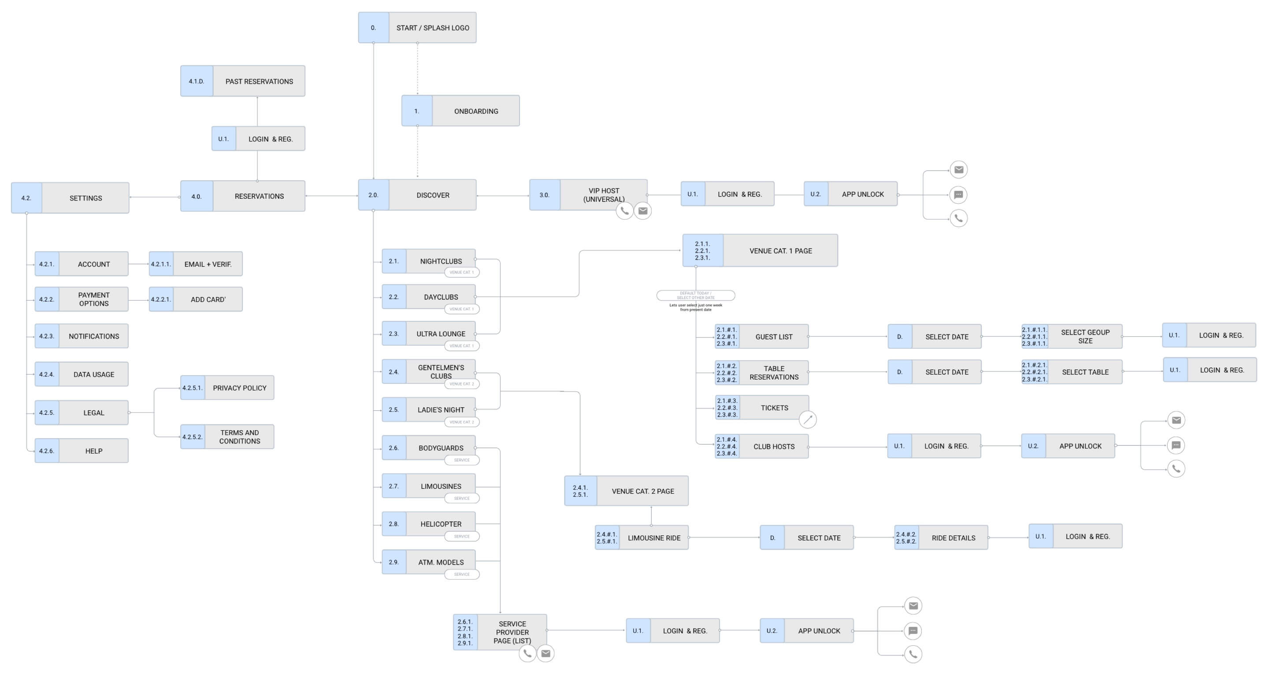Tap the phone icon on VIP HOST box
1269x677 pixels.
click(624, 211)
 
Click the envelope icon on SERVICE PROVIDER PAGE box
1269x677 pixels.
click(545, 653)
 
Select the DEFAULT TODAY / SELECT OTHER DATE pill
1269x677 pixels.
click(696, 295)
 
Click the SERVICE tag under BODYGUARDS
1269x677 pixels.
click(462, 460)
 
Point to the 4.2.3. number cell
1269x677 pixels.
click(47, 336)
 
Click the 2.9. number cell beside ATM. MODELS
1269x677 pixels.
click(393, 562)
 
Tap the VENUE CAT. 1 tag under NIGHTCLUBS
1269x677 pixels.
click(462, 272)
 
